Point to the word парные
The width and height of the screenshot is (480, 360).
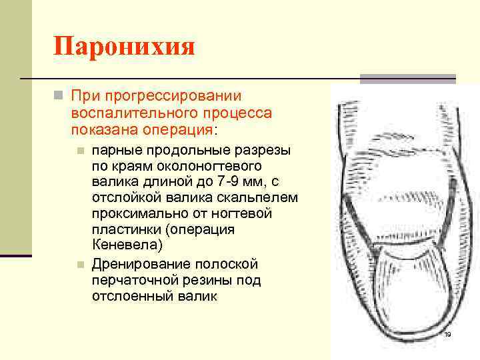tap(114, 149)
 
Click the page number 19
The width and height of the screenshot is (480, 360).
tap(447, 334)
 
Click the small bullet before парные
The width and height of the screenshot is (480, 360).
tap(79, 150)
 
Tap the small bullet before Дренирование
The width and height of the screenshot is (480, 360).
tap(79, 265)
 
